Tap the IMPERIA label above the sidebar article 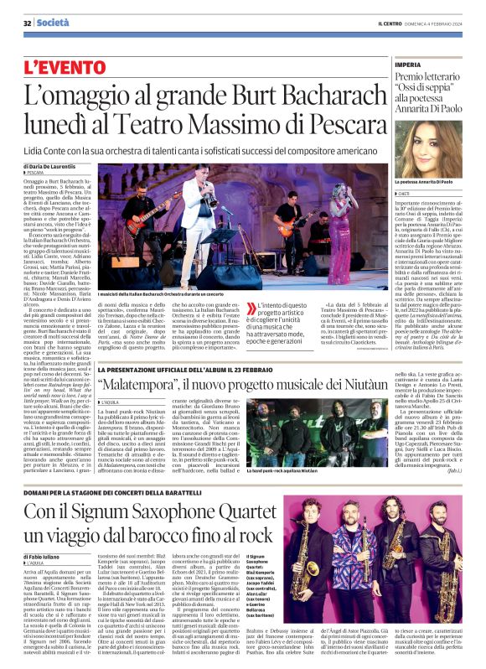tap(408, 65)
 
